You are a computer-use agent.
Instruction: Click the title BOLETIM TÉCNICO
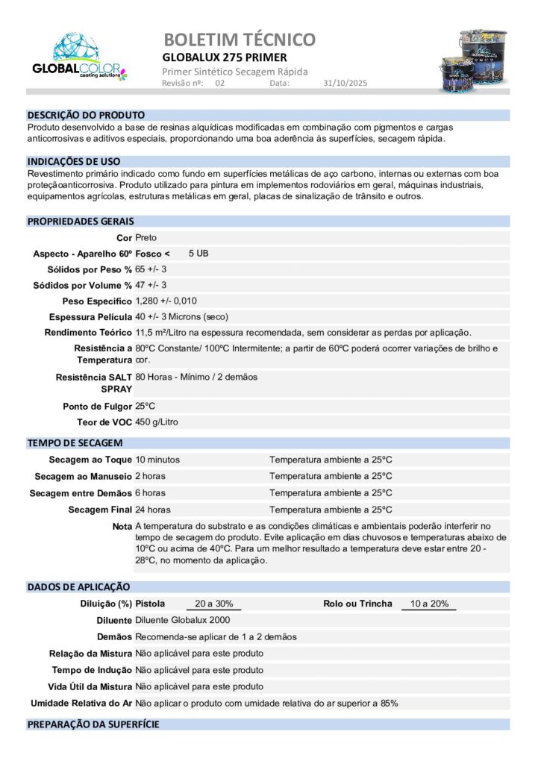(239, 39)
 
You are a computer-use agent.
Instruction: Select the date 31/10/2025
(345, 84)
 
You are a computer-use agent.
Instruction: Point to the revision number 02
(219, 84)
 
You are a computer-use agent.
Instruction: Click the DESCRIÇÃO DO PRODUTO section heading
(86, 116)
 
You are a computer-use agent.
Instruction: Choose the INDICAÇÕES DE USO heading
(74, 161)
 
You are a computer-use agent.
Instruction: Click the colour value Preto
(146, 237)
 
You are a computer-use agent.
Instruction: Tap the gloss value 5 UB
(198, 254)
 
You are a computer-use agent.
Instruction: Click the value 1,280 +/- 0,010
(166, 301)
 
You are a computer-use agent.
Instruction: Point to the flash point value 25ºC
(145, 406)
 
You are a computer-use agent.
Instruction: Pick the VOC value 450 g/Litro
(157, 422)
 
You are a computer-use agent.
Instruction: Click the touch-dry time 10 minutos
(157, 460)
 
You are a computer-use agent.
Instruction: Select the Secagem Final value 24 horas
(152, 510)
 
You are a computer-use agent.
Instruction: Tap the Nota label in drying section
(122, 527)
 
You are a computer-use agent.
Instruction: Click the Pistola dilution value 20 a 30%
(213, 604)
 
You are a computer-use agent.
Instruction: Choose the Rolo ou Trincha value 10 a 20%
(429, 604)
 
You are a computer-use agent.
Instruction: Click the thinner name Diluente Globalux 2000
(182, 620)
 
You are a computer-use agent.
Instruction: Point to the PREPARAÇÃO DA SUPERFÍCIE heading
(93, 724)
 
